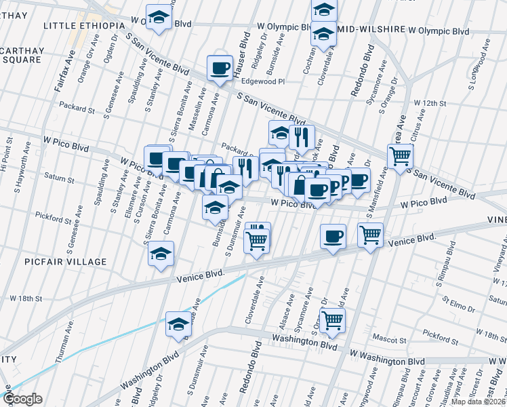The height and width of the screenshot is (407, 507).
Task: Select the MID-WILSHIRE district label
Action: tap(367, 31)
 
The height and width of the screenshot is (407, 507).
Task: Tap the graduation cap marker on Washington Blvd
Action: tap(178, 325)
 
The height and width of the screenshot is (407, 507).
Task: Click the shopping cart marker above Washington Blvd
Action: tap(332, 319)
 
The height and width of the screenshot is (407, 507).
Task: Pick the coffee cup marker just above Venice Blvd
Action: tap(332, 237)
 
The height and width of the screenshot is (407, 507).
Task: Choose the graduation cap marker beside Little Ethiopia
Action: tap(159, 18)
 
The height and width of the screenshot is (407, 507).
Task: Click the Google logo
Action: tap(22, 399)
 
